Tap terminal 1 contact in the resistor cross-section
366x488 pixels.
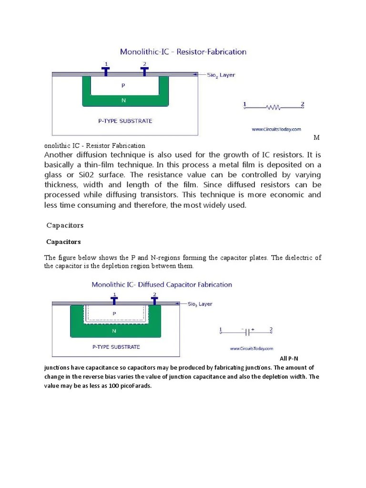coord(106,71)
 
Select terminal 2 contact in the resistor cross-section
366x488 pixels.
coord(144,71)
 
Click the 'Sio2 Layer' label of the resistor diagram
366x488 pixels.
coord(221,75)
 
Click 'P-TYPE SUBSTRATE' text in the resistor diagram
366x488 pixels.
coord(125,121)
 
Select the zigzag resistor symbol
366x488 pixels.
coord(274,108)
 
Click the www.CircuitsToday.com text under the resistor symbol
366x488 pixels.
coord(276,129)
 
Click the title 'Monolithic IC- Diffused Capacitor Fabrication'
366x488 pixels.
coord(162,285)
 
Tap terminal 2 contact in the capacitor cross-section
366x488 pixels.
coord(154,301)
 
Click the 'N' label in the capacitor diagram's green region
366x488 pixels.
coord(114,330)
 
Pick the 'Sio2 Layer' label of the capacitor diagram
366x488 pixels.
coord(200,304)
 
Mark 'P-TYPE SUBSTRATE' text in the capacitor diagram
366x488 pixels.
coord(116,347)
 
